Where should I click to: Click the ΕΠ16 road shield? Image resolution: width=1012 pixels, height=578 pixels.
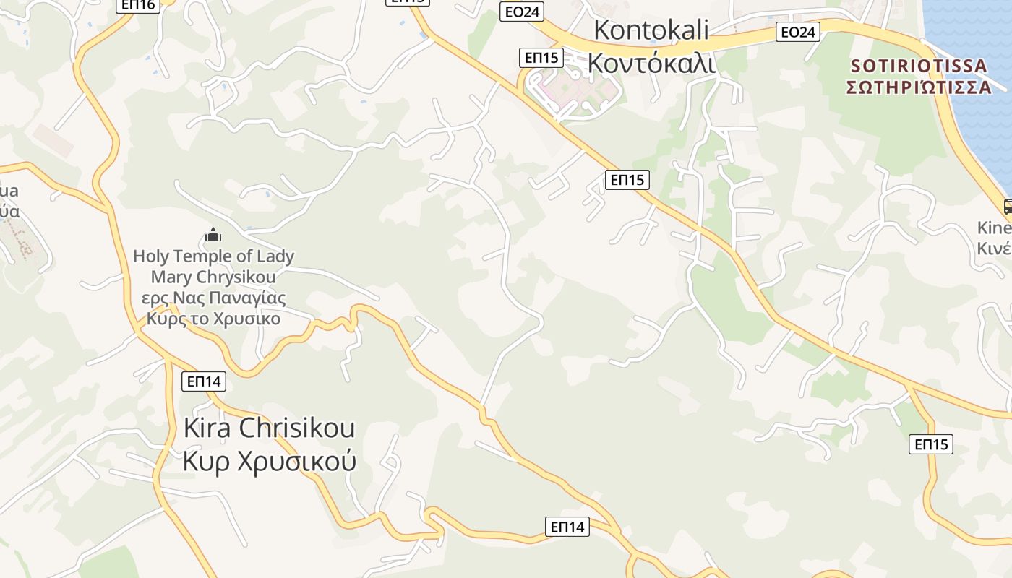coord(137,4)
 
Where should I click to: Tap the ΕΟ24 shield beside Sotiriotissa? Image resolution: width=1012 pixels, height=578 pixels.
coord(798,32)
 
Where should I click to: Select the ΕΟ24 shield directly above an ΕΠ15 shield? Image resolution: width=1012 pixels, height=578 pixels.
coord(521,12)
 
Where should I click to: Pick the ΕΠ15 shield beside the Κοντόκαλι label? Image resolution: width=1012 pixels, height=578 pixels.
coord(541,58)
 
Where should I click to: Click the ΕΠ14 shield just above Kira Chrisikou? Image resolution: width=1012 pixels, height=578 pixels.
coord(205,381)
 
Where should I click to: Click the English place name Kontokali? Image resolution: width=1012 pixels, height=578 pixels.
coord(651,30)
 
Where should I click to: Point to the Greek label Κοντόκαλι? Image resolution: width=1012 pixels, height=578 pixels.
coord(651,64)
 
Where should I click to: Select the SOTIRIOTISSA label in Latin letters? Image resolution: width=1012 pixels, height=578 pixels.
coord(918,66)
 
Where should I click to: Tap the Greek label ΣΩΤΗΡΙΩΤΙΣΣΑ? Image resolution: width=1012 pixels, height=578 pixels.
coord(918,87)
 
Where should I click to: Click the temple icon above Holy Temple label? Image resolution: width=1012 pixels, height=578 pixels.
coord(213,235)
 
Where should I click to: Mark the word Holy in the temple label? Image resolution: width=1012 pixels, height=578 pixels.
coord(150,256)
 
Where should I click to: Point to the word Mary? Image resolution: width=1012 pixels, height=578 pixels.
coord(171,277)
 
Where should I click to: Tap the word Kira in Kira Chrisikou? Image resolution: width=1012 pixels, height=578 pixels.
coord(207,428)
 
